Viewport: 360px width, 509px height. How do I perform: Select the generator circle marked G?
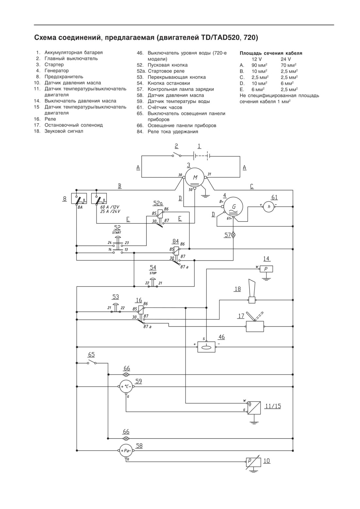pos(233,207)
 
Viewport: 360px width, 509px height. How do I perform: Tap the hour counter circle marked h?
pos(269,206)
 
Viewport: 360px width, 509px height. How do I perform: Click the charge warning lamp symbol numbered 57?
pos(233,235)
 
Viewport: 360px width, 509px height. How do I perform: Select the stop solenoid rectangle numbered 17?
pos(255,326)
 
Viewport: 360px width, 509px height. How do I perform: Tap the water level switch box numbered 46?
pos(206,347)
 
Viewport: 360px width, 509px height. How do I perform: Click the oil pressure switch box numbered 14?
pos(266,269)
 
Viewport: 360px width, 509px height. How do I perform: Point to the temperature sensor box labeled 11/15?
pos(254,408)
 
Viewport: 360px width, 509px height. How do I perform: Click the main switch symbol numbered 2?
pos(177,155)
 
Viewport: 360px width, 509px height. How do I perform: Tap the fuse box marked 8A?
pos(79,198)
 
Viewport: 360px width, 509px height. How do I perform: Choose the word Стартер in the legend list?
pos(54,65)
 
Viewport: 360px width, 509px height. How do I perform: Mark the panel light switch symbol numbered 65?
pos(91,362)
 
